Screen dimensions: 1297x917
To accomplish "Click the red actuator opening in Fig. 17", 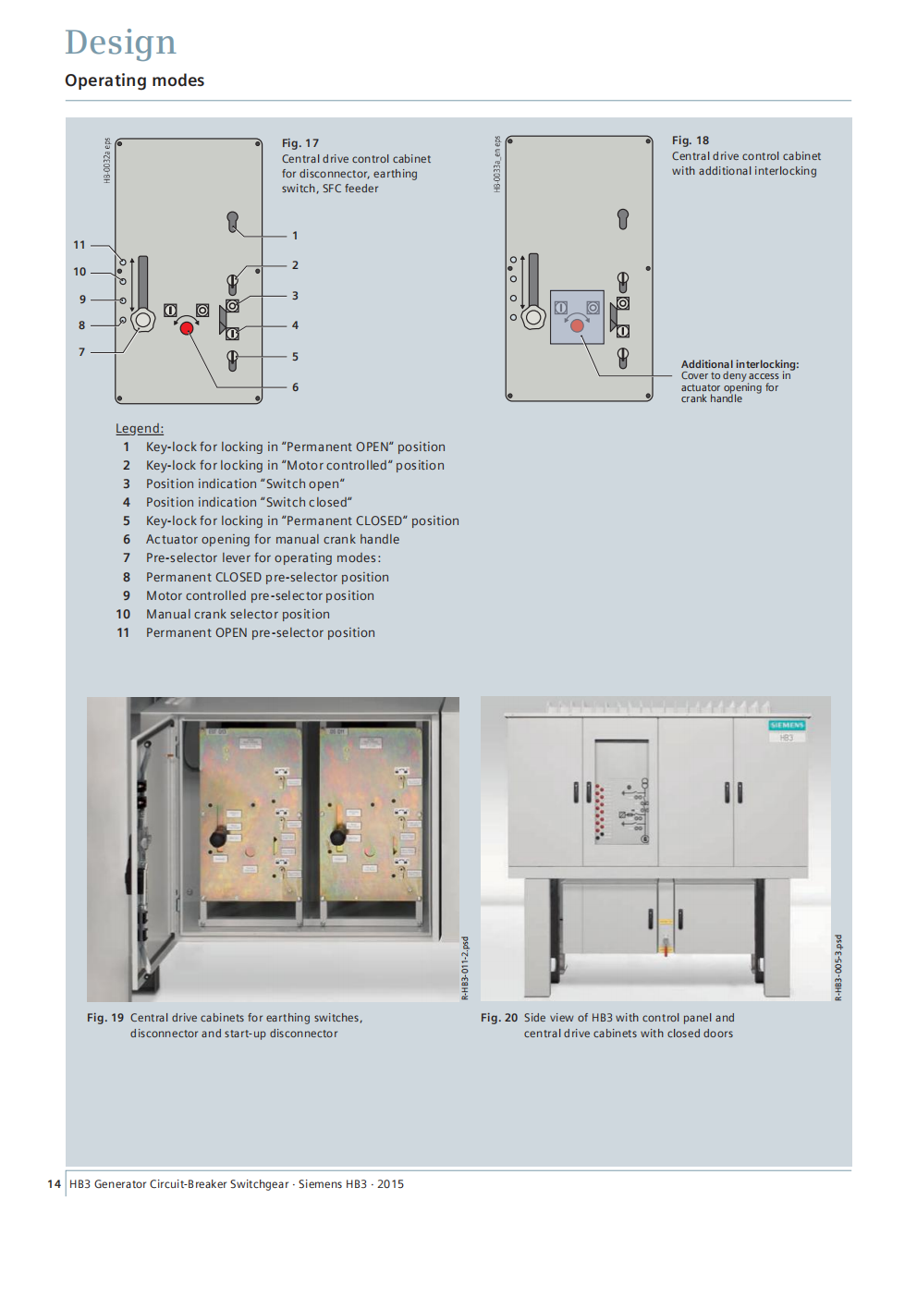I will coord(187,328).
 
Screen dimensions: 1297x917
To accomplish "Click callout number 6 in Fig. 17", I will coord(295,387).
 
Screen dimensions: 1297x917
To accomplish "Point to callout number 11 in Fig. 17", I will coord(79,245).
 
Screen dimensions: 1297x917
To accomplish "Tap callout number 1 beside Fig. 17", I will coord(295,236).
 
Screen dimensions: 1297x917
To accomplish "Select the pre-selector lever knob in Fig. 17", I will coord(142,321).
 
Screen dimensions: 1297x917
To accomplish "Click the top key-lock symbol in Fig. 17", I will coord(233,221).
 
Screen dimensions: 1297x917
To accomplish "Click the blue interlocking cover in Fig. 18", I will coord(577,317).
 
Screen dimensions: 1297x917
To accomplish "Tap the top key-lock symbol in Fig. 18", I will coord(623,218).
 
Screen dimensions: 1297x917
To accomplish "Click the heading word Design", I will coord(120,43).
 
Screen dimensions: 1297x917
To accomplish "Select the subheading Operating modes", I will coord(135,80).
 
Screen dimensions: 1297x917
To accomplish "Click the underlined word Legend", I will coord(139,428).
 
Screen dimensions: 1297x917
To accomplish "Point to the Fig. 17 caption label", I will coord(300,143).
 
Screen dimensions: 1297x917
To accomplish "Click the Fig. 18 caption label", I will coord(691,141).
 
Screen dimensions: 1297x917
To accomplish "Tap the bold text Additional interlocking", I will coord(740,364).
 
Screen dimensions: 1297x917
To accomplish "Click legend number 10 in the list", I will coord(123,614).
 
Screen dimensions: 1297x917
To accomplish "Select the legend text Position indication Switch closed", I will coord(249,502).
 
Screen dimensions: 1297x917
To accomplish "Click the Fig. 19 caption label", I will coord(105,1018).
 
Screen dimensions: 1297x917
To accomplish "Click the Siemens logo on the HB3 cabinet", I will coord(787,726).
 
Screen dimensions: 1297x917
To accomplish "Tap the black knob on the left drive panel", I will coord(218,838).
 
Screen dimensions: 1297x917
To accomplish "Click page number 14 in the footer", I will coord(54,1184).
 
